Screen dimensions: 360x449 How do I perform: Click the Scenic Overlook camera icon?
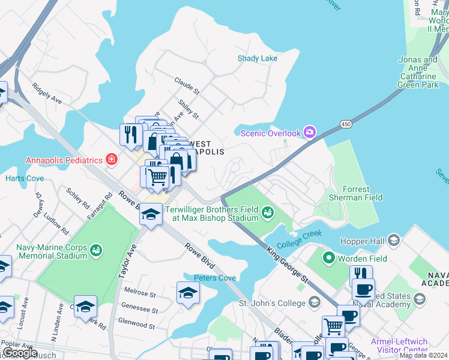(x=310, y=132)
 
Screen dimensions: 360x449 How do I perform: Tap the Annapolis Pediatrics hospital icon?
(x=111, y=160)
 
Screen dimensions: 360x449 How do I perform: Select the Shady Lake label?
(x=258, y=58)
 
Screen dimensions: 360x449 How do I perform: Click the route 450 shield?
(x=345, y=124)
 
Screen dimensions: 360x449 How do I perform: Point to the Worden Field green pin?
(x=328, y=259)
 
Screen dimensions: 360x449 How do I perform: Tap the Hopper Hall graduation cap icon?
(x=394, y=241)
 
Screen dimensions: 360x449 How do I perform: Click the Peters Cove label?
(x=214, y=278)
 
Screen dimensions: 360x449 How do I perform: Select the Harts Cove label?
(x=25, y=178)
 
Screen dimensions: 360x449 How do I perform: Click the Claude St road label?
(x=187, y=85)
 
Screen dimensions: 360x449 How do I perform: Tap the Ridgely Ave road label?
(x=47, y=93)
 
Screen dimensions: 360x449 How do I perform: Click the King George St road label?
(x=287, y=264)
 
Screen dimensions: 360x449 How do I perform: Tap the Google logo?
(x=20, y=353)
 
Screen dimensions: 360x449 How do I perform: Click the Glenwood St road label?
(x=137, y=325)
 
